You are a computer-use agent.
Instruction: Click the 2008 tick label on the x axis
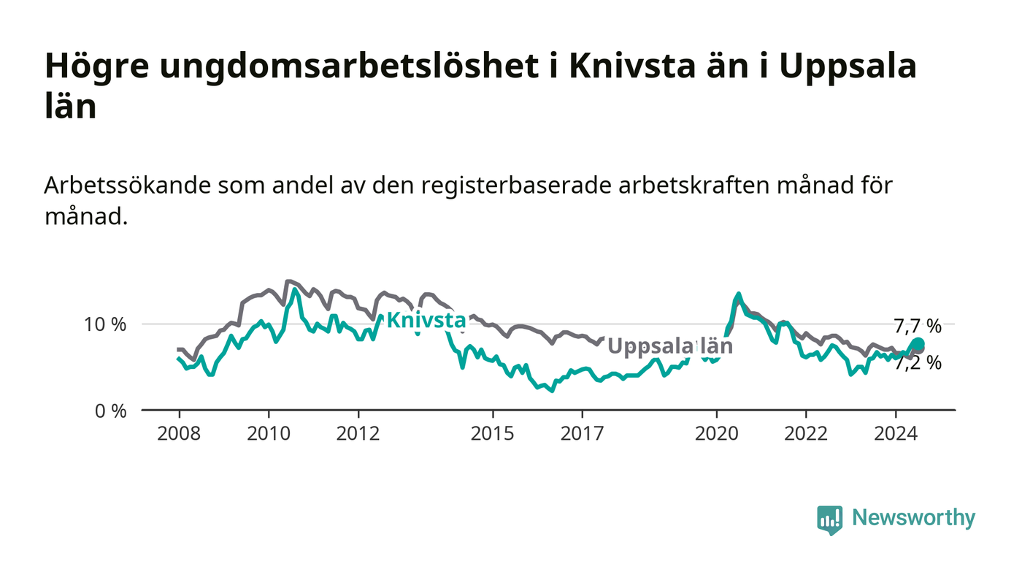pos(179,433)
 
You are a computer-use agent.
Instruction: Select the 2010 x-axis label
pos(269,433)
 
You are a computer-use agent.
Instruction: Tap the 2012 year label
pos(358,433)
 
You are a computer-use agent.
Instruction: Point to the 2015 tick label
pos(492,433)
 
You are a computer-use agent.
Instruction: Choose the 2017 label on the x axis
pos(583,433)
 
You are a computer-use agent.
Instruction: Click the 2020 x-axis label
pos(717,433)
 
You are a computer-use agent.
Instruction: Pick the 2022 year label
pos(806,433)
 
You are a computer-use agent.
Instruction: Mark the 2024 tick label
pos(896,433)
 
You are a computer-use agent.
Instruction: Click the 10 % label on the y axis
pos(105,325)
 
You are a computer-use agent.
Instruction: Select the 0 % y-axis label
pos(110,411)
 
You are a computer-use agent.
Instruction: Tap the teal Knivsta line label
pos(426,320)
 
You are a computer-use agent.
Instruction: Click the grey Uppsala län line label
pos(671,346)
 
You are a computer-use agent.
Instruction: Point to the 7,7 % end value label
pos(918,326)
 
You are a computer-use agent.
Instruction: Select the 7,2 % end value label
pos(918,363)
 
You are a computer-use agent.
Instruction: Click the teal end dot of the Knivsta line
pos(918,344)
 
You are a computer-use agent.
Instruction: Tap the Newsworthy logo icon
pos(829,519)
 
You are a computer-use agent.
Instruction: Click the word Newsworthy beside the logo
pos(913,518)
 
